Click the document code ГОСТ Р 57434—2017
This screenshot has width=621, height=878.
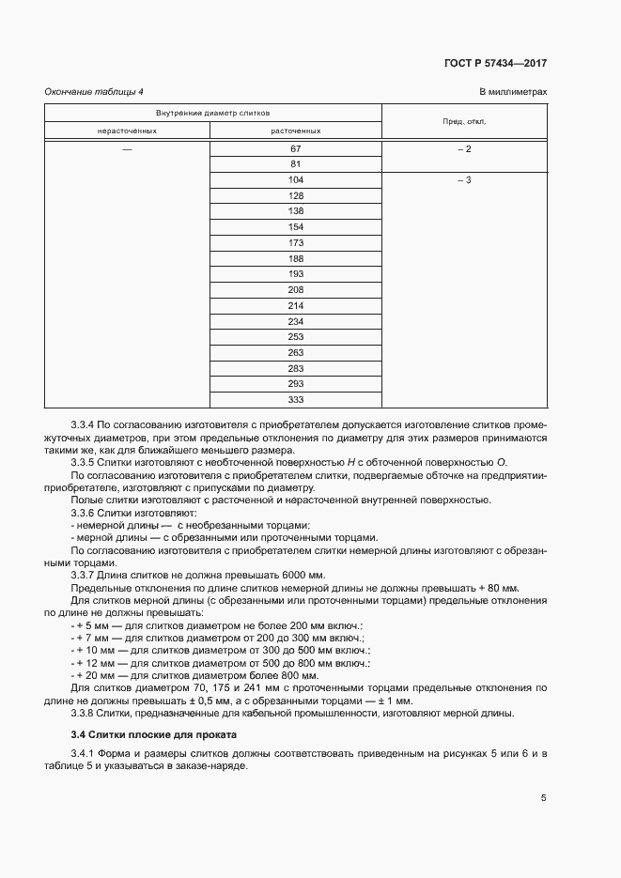[495, 63]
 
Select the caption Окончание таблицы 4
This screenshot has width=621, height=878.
[94, 91]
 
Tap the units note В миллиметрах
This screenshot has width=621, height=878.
[513, 91]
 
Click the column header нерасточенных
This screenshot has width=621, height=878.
[127, 131]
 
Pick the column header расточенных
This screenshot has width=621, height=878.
[296, 131]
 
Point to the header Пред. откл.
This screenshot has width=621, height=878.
[463, 121]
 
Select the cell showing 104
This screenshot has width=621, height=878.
[296, 179]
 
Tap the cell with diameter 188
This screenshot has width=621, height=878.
[296, 258]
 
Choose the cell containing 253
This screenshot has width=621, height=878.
[296, 336]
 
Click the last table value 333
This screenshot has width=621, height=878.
[296, 399]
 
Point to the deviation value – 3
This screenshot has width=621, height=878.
[463, 179]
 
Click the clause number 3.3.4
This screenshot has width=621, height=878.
[85, 425]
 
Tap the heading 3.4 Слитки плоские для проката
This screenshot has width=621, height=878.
[154, 733]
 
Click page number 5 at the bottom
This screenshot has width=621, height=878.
[543, 798]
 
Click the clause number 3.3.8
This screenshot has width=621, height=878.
[85, 712]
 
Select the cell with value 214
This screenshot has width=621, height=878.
[296, 305]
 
